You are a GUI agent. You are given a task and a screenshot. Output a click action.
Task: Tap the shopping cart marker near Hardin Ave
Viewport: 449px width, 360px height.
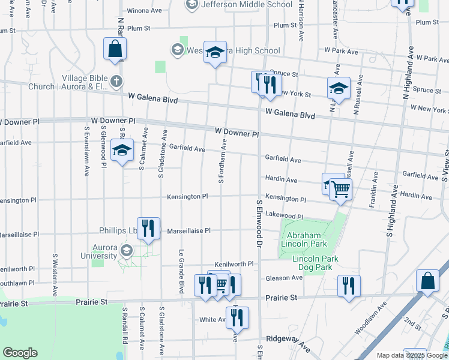(341, 190)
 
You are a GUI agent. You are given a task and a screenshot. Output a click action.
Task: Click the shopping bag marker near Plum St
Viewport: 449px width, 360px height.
(115, 49)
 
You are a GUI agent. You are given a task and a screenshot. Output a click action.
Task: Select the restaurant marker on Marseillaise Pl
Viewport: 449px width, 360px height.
(148, 229)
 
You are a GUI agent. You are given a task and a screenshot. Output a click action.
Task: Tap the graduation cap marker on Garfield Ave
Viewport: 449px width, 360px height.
(122, 152)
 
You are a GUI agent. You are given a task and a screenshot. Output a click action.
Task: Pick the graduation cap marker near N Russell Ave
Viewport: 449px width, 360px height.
(339, 88)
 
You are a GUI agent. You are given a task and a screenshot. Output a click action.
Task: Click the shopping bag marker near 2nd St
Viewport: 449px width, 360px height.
(427, 281)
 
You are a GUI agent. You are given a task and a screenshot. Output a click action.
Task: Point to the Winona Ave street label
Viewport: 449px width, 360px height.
(145, 10)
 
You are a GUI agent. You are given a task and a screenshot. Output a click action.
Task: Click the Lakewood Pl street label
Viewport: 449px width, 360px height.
(285, 215)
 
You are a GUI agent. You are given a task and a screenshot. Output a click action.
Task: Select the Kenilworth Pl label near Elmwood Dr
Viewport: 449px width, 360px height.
(235, 264)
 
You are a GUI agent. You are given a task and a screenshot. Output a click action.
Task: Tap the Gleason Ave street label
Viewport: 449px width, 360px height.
(289, 278)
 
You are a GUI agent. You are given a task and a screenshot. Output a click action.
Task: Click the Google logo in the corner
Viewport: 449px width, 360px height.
(20, 353)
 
